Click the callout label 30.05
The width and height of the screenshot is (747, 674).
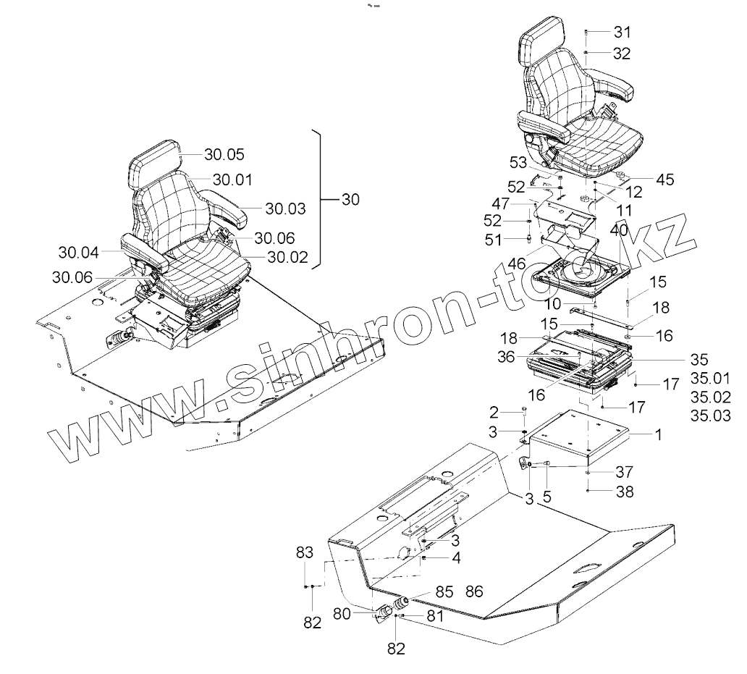pos(224,154)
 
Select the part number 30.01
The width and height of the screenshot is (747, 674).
pos(232,180)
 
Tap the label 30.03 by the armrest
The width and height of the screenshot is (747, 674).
pos(285,208)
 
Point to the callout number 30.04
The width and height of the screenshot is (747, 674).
pos(78,252)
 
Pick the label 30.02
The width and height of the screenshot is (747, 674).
pos(287,256)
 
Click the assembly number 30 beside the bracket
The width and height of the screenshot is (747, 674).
pos(350,200)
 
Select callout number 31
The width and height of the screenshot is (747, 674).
pos(622,32)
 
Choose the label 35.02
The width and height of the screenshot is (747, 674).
pos(710,397)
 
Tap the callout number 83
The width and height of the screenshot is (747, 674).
pos(305,552)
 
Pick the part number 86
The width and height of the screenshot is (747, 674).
pos(475,591)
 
